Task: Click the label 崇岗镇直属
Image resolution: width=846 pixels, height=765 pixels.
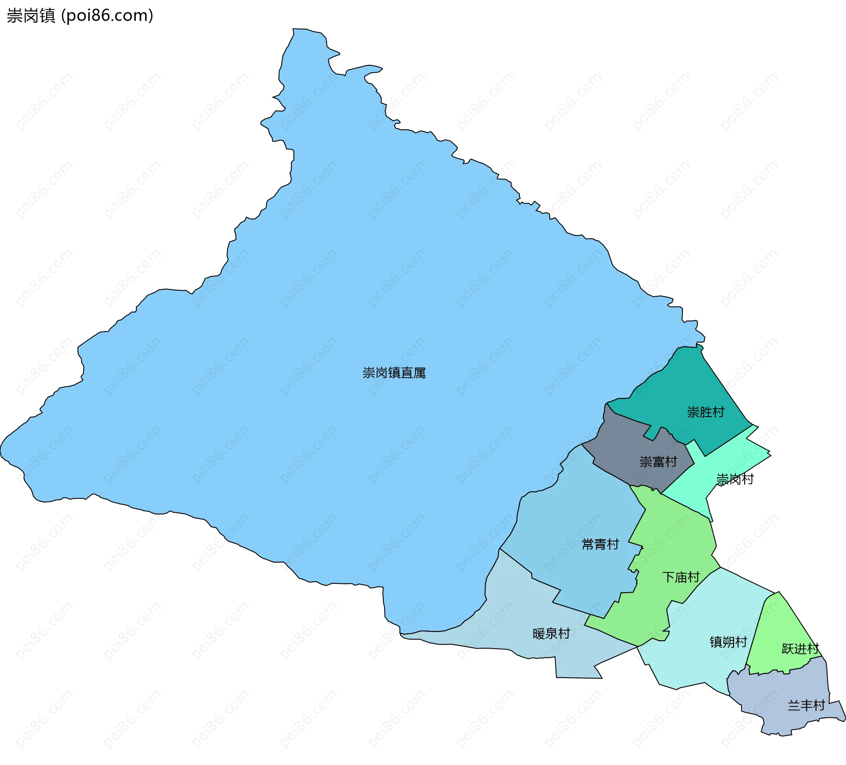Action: pos(394,373)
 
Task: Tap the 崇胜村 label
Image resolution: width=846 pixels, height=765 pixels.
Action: pos(705,412)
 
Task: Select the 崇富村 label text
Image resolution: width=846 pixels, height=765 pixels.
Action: pos(658,462)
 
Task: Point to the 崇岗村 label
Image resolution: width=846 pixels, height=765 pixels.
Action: pos(735,479)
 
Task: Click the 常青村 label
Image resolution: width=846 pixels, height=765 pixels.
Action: pos(600,544)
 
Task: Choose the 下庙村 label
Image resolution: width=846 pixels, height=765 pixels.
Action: pos(681,577)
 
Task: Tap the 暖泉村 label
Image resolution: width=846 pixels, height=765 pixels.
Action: pos(551,634)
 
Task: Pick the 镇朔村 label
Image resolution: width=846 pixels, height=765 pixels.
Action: pos(728,642)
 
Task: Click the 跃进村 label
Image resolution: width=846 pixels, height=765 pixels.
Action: pos(800,649)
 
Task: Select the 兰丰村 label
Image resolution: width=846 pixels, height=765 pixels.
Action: pos(806,705)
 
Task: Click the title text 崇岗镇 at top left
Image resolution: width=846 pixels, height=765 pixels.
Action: pos(31,15)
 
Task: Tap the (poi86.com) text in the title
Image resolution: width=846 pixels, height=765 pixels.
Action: pos(107,15)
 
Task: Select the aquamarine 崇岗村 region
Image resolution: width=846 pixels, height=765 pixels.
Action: pos(731,459)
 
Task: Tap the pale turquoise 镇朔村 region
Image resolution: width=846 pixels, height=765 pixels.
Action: pos(705,661)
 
